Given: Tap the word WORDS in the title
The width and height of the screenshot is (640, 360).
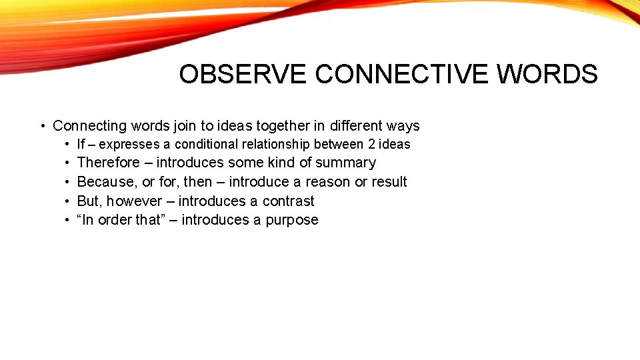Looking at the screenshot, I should click(x=547, y=75).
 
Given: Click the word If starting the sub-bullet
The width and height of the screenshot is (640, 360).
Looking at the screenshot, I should click(x=81, y=144).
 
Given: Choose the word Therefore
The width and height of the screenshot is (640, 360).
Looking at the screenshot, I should click(x=109, y=163).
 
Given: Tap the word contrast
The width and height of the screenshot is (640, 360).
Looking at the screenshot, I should click(x=288, y=201).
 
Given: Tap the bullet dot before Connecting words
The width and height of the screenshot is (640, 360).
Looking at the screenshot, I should click(x=42, y=126).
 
